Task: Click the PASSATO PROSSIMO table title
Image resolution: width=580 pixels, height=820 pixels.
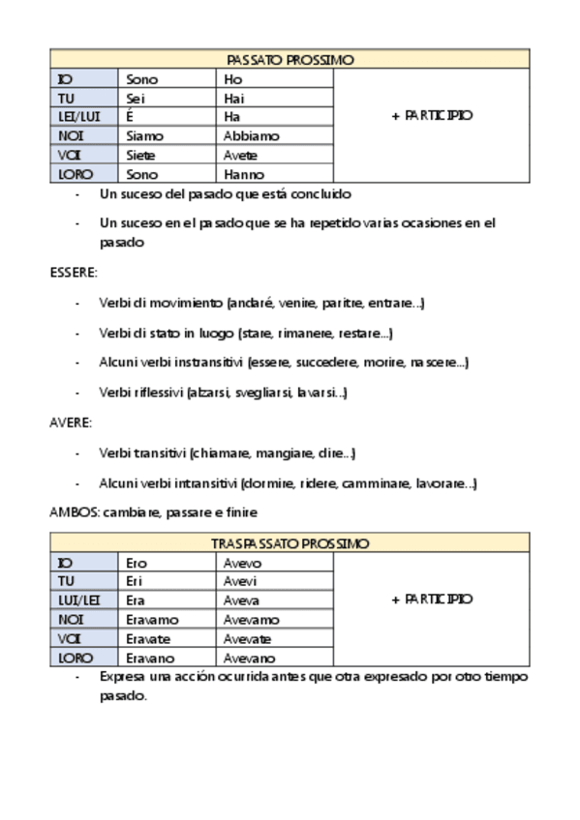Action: pos(290,60)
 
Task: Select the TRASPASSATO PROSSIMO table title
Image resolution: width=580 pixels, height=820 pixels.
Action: pos(290,544)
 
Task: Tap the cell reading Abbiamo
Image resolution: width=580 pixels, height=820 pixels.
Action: pos(251,136)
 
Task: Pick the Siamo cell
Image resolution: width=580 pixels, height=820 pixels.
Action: pos(145,136)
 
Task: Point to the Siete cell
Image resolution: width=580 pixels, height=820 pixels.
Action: pos(141,156)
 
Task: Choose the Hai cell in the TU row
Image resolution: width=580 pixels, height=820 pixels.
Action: pos(234,99)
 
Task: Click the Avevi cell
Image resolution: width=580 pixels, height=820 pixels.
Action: pos(241,582)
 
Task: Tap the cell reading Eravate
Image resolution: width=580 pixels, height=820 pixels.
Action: pos(149,639)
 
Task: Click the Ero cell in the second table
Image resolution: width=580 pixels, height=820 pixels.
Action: pos(137,563)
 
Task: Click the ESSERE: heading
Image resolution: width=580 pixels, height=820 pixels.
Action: pos(74,274)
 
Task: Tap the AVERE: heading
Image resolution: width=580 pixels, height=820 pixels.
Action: pos(70,423)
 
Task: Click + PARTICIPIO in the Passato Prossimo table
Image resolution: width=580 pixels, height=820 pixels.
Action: pos(432,115)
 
